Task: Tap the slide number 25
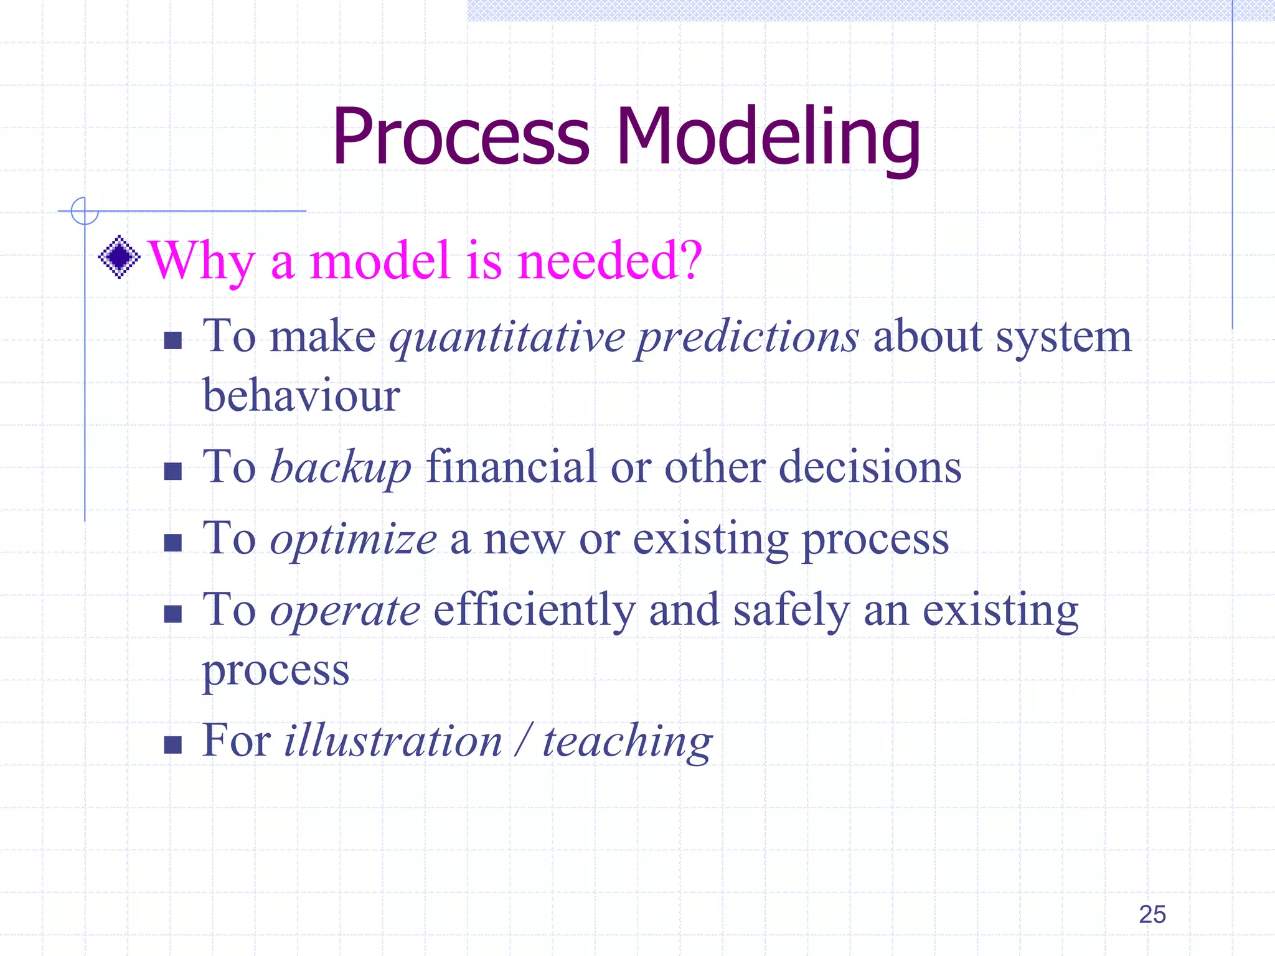click(1152, 914)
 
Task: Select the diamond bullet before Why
click(119, 256)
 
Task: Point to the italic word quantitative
click(507, 338)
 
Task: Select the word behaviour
click(301, 396)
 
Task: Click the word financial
click(511, 467)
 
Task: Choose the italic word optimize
click(353, 539)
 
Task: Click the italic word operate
click(345, 611)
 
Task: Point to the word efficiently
click(534, 611)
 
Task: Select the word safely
click(791, 611)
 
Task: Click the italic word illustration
click(393, 741)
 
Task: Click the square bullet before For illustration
click(172, 744)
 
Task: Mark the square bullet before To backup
click(172, 471)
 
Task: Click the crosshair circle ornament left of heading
click(84, 211)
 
